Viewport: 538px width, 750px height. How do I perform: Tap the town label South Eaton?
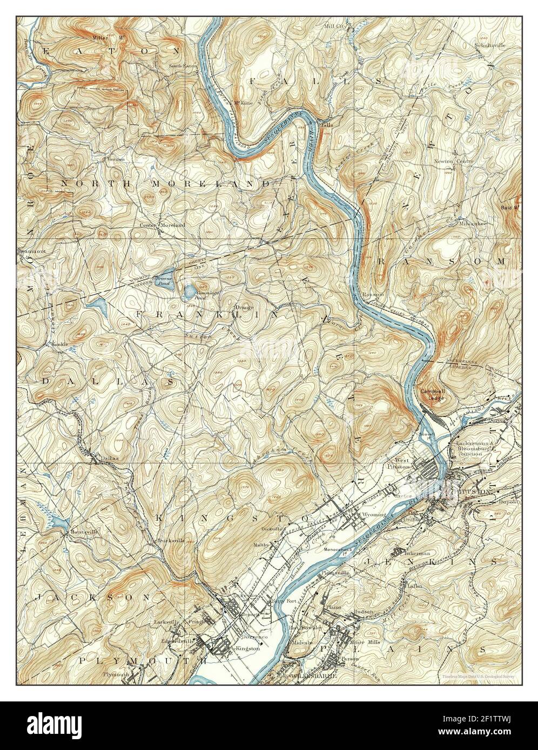(x=168, y=66)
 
